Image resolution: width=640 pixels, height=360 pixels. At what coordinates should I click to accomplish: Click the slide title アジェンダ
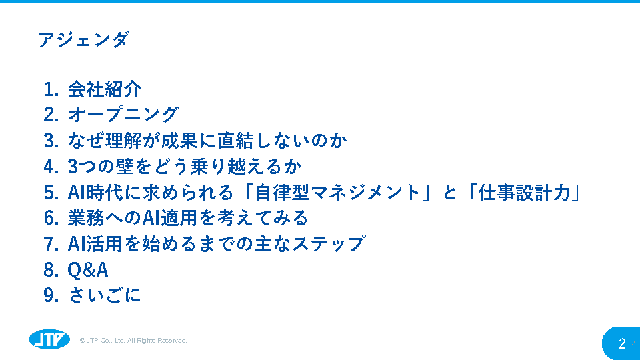click(84, 40)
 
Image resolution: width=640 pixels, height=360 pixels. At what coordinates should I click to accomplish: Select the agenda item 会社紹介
click(105, 89)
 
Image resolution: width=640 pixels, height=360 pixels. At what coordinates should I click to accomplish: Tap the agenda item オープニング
click(123, 115)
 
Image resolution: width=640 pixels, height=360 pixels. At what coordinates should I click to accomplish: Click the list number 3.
click(51, 141)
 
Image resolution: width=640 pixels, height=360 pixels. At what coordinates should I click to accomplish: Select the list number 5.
click(51, 192)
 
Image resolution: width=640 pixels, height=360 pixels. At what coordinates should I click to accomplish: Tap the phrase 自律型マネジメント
click(337, 192)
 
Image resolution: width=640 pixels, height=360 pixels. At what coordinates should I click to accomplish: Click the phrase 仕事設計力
click(525, 192)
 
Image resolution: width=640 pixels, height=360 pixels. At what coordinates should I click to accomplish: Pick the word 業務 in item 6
click(86, 218)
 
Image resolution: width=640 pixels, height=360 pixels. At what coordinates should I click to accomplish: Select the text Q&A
click(88, 270)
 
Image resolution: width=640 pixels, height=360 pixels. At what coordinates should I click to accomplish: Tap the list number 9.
click(51, 295)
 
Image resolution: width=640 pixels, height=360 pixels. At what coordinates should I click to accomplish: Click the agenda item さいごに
click(105, 295)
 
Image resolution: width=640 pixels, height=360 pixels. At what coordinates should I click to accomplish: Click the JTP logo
click(49, 339)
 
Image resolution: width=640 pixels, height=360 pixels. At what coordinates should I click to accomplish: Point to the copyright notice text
click(133, 341)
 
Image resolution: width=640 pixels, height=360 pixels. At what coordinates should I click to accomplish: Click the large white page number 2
click(622, 343)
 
